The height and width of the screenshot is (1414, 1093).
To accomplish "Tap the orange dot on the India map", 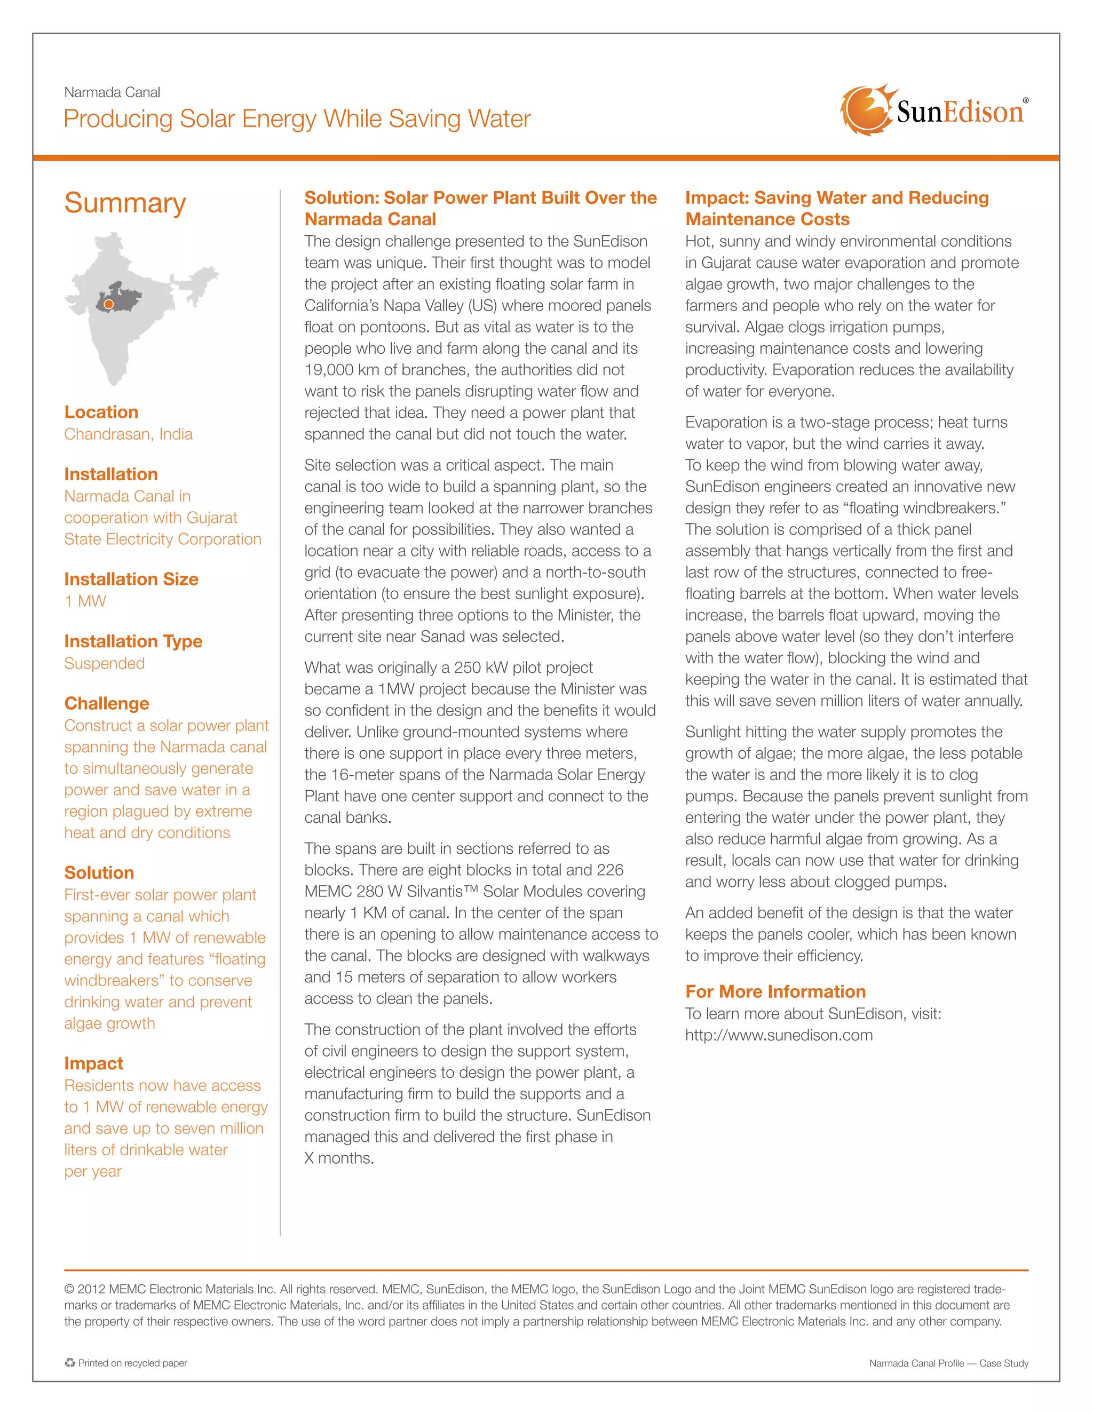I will click(x=109, y=304).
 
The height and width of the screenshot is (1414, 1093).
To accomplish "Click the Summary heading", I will click(x=125, y=203).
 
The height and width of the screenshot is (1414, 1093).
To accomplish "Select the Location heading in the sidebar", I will click(x=101, y=412).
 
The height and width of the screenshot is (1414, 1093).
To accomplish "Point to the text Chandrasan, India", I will click(x=128, y=434).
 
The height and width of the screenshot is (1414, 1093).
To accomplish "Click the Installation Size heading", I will click(x=131, y=579).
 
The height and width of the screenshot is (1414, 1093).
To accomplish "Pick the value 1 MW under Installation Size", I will click(x=85, y=601).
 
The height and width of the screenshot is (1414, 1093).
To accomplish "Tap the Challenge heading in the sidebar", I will click(x=106, y=703).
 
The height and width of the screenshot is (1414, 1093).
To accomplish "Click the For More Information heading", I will click(x=775, y=991).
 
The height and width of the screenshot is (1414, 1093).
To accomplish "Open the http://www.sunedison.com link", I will click(x=778, y=1035).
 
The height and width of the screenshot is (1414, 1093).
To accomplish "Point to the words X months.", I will click(x=339, y=1158).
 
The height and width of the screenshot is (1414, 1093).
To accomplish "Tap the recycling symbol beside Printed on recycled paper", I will click(x=70, y=1363).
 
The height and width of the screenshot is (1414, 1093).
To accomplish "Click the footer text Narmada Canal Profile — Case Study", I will click(x=948, y=1363).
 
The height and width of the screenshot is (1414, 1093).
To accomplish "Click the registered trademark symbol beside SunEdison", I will click(x=1025, y=100).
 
